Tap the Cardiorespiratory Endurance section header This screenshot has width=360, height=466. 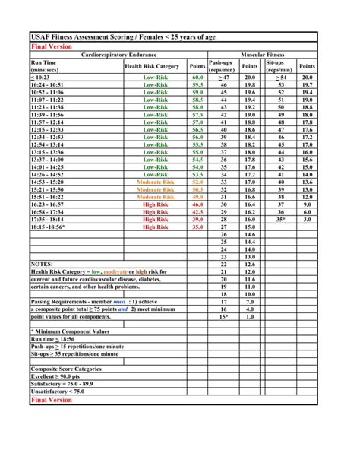pos(115,55)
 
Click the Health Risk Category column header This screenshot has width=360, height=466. pos(152,66)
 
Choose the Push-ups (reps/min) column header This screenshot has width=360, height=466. pos(223,66)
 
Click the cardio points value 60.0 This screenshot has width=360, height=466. pos(197,78)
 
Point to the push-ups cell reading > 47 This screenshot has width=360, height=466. pos(223,78)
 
